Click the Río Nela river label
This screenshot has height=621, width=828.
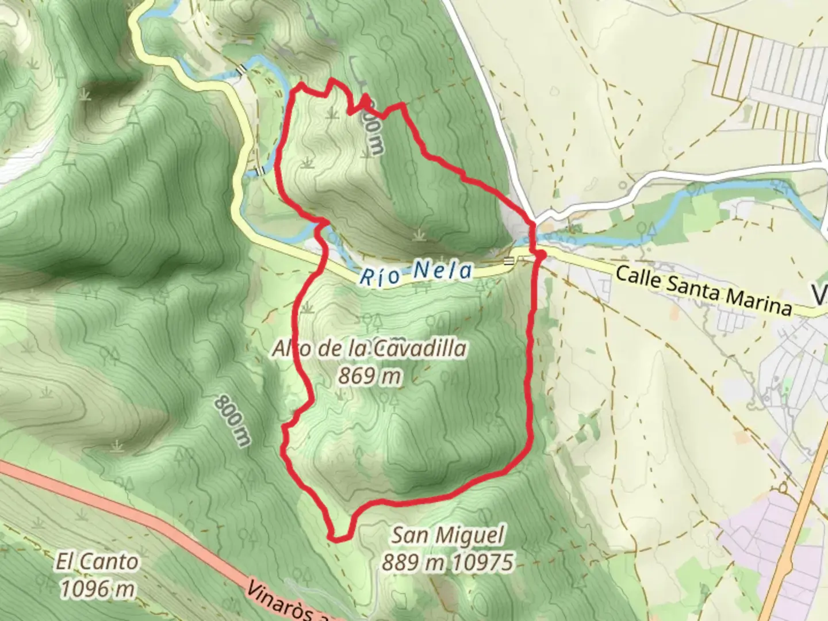415,273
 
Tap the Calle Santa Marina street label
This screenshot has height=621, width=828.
703,291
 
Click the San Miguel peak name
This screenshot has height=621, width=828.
447,536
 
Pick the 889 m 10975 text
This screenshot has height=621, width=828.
447,562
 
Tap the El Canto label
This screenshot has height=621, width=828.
97,562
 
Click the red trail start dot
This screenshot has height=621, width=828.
540,254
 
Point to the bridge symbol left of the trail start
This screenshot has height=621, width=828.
509,261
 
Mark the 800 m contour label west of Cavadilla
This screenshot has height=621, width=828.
233,420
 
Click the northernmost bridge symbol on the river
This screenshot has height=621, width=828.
243,69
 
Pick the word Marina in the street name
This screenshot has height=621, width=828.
759,301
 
